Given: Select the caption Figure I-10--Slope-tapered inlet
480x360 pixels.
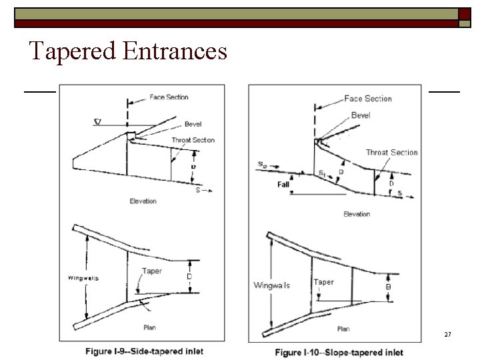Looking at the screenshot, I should pos(339,352).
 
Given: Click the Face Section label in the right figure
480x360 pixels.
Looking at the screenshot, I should pos(368,99).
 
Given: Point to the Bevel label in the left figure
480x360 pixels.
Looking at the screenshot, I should pos(193,124).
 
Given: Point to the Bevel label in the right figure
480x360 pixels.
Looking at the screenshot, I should pos(361,115).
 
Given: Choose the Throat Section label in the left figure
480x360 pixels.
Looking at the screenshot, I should pos(193,140).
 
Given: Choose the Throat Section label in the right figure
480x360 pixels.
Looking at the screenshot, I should pos(391,153).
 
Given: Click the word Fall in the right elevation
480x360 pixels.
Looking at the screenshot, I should pos(283,184).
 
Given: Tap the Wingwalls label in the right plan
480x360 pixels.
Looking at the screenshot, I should pos(271,285).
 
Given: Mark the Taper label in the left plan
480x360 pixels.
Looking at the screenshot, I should pos(152,271).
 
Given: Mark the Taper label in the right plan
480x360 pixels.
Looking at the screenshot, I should pos(323,282).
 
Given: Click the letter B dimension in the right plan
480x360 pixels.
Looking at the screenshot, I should pos(389,287).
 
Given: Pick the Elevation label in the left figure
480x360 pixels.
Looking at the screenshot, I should pos(143,201).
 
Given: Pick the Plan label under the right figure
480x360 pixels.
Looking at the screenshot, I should pos(343,329).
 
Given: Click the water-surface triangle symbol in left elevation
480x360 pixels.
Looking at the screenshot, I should pos(98,122).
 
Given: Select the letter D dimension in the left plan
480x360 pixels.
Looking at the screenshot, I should pos(189,276).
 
